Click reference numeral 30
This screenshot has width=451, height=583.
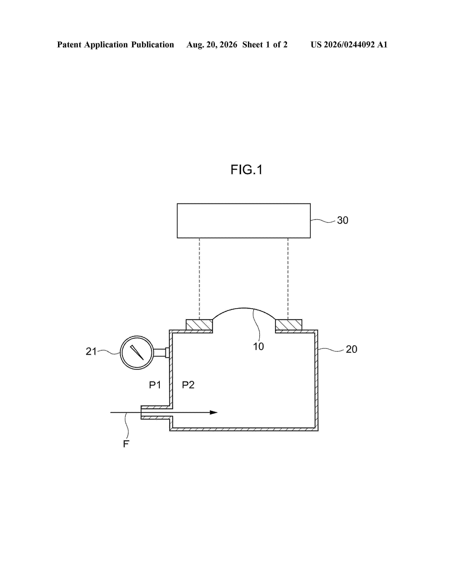point(343,220)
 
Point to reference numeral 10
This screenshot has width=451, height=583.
point(258,346)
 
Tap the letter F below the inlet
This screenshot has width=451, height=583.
point(126,444)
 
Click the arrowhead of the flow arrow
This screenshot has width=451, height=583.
point(214,412)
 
